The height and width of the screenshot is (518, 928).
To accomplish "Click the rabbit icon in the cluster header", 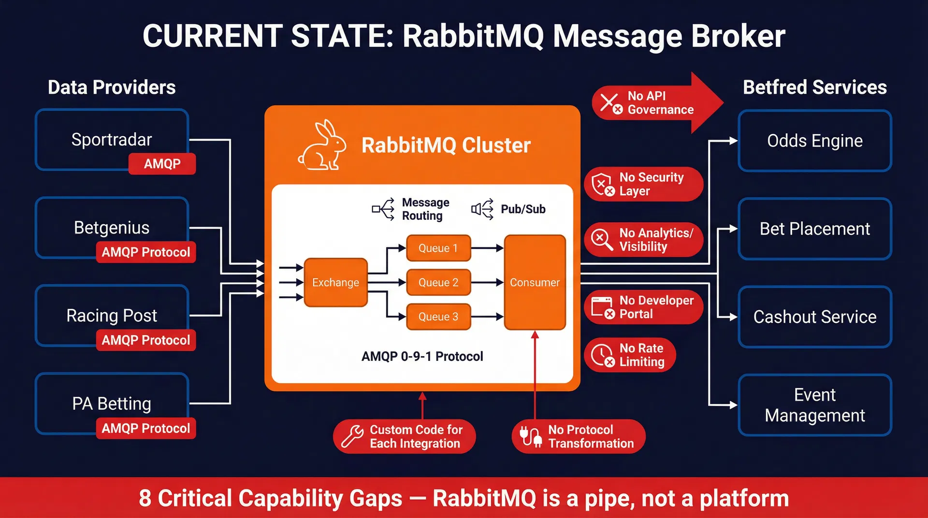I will click(322, 145).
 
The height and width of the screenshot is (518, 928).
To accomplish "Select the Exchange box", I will click(335, 283).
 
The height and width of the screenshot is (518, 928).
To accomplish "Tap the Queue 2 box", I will click(438, 283).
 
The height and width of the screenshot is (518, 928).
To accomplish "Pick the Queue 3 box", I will click(438, 317).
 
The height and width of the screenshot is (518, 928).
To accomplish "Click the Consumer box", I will click(535, 283).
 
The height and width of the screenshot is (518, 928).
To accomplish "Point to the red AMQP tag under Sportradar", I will click(162, 164).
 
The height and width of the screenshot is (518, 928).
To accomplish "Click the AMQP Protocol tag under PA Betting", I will click(145, 429).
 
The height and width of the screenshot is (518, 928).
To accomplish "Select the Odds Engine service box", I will click(814, 141).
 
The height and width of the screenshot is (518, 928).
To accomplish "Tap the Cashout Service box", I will click(814, 317).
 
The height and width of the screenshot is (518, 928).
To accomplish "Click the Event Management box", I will click(814, 405).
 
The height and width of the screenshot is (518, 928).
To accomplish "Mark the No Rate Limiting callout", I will click(630, 355).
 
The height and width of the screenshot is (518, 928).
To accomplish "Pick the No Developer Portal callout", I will click(643, 307).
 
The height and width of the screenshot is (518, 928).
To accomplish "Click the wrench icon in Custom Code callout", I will click(352, 436).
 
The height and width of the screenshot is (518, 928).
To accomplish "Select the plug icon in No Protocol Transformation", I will click(530, 436).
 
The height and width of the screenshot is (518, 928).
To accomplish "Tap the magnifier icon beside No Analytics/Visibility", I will click(602, 240).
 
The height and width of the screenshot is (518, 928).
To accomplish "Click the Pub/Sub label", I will click(522, 209).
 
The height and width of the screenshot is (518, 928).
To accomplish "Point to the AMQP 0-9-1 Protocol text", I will click(422, 357).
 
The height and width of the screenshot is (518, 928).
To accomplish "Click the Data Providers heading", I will click(112, 87).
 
